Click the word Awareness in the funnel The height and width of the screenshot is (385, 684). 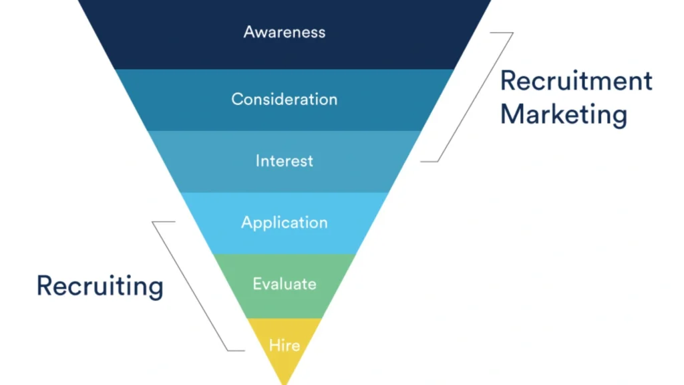pos(285,32)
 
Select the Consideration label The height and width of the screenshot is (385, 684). pos(285,99)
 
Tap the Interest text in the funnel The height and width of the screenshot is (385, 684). pos(285,161)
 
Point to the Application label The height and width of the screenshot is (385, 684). pos(285,223)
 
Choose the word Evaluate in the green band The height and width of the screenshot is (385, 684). pos(285,284)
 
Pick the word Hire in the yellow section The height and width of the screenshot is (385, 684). pos(285,346)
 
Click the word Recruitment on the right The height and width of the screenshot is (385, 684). pos(576,81)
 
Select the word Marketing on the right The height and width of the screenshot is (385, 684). pos(564,114)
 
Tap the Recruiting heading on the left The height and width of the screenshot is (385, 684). pos(100,286)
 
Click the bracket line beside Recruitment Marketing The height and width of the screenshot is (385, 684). pos(476,97)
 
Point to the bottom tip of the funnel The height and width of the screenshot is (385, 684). pos(285,382)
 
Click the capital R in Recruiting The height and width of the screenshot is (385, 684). pos(44,285)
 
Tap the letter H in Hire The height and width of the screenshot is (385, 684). pos(273,346)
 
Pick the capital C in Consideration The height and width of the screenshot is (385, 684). pos(237,99)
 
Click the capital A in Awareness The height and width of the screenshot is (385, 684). pos(249,32)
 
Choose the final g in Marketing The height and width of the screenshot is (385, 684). pos(619,116)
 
